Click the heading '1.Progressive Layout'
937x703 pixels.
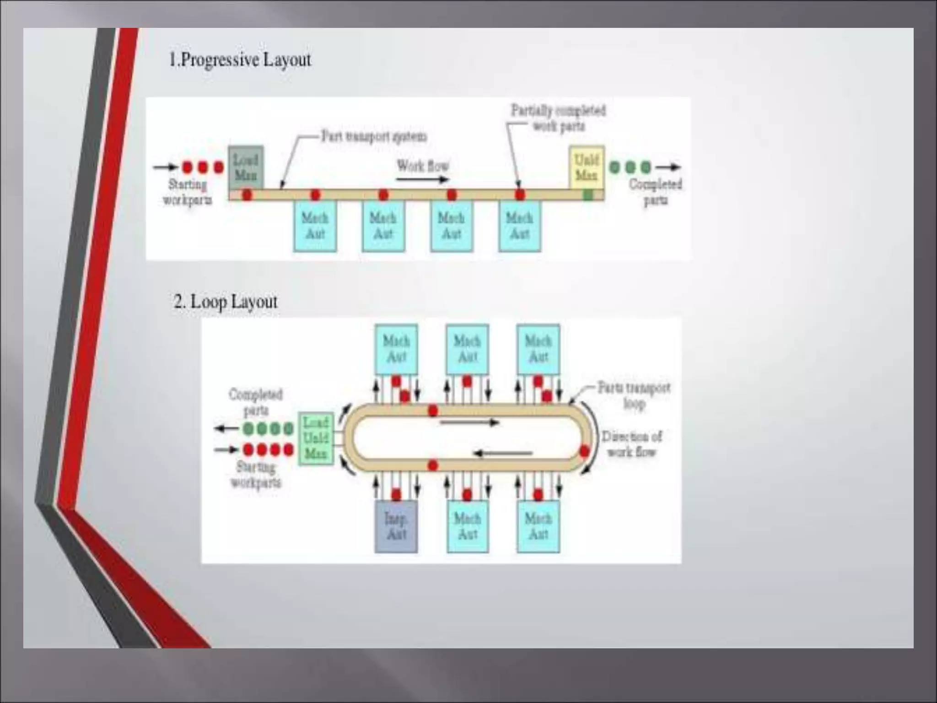pyautogui.click(x=240, y=60)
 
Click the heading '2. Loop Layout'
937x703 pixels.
pyautogui.click(x=226, y=302)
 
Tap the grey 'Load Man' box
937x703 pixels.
pyautogui.click(x=246, y=167)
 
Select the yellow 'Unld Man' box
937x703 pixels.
pyautogui.click(x=587, y=167)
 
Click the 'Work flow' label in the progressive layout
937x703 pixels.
pyautogui.click(x=422, y=165)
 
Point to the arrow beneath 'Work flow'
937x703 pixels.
pyautogui.click(x=422, y=179)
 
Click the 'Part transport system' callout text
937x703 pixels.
pyautogui.click(x=374, y=136)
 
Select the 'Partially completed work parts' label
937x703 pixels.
pyautogui.click(x=558, y=118)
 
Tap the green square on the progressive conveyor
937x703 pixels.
pyautogui.click(x=588, y=195)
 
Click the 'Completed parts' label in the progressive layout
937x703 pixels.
pyautogui.click(x=655, y=192)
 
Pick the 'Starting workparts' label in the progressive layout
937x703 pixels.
pyautogui.click(x=188, y=192)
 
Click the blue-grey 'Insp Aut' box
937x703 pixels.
pyautogui.click(x=396, y=526)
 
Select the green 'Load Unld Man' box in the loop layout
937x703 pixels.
pyautogui.click(x=316, y=438)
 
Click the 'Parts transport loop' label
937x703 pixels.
pyautogui.click(x=634, y=395)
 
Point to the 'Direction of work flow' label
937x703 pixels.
pyautogui.click(x=631, y=444)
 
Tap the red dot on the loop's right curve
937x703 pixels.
pyautogui.click(x=584, y=452)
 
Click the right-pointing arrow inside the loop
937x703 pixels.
pyautogui.click(x=469, y=422)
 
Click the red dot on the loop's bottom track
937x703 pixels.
pyautogui.click(x=433, y=466)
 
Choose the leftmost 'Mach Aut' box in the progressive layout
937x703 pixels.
pyautogui.click(x=315, y=226)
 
